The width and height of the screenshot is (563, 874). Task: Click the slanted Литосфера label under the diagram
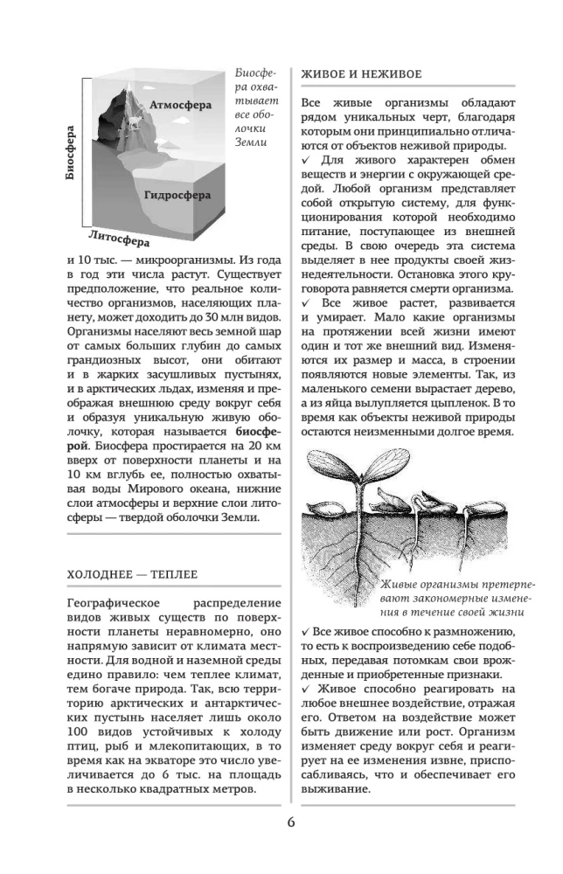click(x=118, y=236)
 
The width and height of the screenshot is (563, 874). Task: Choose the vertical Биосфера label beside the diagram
click(x=71, y=152)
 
